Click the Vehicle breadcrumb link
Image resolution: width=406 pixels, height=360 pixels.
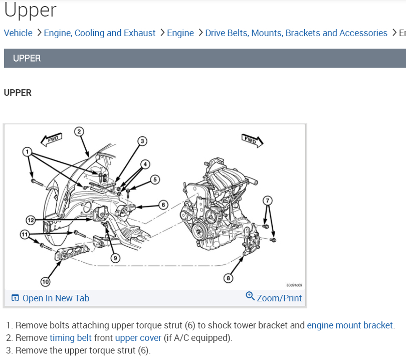pos(18,33)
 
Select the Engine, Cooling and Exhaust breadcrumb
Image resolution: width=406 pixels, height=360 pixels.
pos(100,33)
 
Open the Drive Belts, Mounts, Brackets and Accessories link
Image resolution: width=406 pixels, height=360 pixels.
pos(296,33)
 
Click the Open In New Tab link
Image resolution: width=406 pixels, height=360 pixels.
pos(56,298)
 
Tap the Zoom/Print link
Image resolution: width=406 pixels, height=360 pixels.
pos(279,298)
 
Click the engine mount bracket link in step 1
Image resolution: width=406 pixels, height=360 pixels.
pos(350,325)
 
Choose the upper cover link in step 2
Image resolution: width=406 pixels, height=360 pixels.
pos(138,338)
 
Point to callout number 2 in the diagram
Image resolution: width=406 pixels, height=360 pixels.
pos(79,132)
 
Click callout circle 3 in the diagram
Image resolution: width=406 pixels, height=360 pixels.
pos(142,141)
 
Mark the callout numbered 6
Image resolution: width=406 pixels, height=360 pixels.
pos(163,205)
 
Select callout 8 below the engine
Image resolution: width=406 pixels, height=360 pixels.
pos(229,277)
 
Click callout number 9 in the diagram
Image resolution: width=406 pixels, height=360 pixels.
pos(115,258)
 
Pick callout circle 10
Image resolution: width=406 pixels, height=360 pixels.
pos(45,282)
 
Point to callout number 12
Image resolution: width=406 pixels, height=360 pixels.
pos(31,220)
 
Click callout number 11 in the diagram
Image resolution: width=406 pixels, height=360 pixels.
pos(24,234)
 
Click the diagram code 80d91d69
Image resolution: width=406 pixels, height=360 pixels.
pos(294,285)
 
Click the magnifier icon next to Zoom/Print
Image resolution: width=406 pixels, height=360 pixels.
pos(250,296)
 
